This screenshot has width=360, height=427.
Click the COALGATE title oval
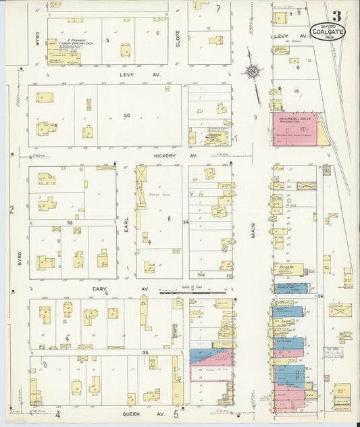pyautogui.click(x=327, y=31)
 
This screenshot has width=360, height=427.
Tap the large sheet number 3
pyautogui.click(x=336, y=15)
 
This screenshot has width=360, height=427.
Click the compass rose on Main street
pyautogui.click(x=253, y=70)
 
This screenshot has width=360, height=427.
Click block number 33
pyautogui.click(x=70, y=222)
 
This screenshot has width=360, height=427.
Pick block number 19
pyautogui.click(x=296, y=90)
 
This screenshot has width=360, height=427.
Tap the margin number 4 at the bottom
pyautogui.click(x=58, y=414)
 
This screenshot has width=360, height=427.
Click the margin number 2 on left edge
pyautogui.click(x=11, y=210)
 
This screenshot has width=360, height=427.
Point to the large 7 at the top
pyautogui.click(x=218, y=9)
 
